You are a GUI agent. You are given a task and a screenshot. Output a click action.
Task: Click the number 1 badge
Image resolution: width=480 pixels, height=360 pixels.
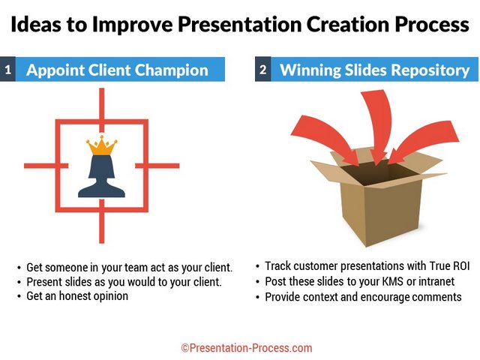(x=7, y=69)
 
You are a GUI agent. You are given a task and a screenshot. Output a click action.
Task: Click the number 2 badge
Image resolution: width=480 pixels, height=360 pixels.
(x=263, y=69)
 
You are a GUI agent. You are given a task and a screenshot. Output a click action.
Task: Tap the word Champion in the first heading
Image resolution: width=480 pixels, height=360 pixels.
(x=172, y=70)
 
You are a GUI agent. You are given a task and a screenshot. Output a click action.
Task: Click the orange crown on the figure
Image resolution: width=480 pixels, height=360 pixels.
(x=102, y=145)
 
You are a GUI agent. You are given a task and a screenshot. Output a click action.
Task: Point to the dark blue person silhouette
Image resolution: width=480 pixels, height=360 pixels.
(x=102, y=176)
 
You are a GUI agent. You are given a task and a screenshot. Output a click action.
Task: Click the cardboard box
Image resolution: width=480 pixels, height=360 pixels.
(x=378, y=196)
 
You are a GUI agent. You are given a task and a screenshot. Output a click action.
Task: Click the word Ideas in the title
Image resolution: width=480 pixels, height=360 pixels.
(x=36, y=25)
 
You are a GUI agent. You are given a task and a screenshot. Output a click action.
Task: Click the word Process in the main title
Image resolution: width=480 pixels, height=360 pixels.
(x=432, y=25)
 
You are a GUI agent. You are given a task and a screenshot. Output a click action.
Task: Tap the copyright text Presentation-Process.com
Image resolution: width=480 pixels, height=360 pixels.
(x=247, y=348)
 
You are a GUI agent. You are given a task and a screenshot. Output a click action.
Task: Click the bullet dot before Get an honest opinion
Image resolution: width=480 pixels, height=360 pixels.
(x=19, y=297)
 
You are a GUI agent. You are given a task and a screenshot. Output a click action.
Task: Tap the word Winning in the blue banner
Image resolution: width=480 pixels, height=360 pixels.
(x=310, y=70)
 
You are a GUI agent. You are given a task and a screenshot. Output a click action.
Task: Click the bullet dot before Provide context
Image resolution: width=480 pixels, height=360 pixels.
(x=258, y=297)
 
